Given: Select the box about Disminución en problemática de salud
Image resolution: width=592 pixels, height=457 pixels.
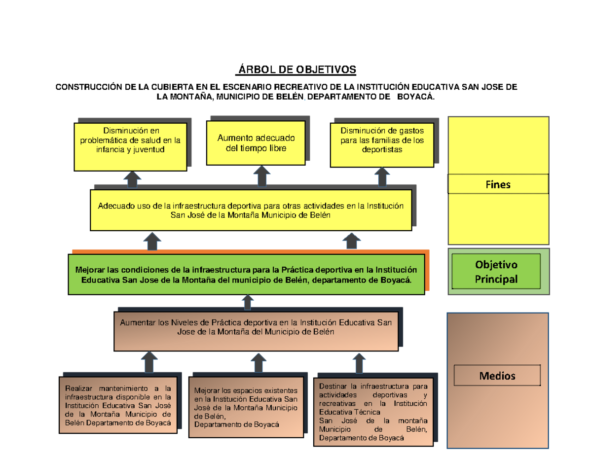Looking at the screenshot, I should pyautogui.click(x=130, y=146).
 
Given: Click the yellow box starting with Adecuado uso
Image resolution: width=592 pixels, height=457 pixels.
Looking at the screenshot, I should pyautogui.click(x=251, y=210).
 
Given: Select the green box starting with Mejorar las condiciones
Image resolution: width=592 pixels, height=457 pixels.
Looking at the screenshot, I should pyautogui.click(x=246, y=275).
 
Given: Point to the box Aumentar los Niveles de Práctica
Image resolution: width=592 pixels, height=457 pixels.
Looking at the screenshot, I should pyautogui.click(x=256, y=331).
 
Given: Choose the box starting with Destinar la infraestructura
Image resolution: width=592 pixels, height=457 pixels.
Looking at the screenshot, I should pyautogui.click(x=373, y=412).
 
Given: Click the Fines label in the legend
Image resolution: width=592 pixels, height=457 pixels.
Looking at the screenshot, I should pyautogui.click(x=498, y=184).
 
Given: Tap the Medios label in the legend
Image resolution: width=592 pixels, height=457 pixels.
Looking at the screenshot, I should pyautogui.click(x=497, y=376).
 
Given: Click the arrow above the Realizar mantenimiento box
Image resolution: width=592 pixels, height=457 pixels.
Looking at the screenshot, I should pyautogui.click(x=149, y=362).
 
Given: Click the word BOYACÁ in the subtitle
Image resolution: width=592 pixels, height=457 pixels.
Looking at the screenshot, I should pyautogui.click(x=419, y=97).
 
